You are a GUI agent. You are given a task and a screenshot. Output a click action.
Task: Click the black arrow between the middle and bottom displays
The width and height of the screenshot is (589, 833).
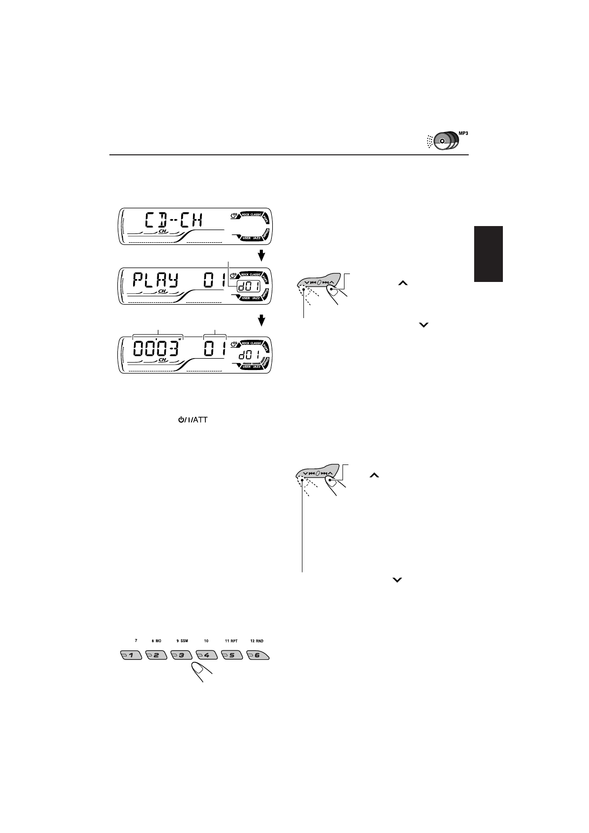click(x=262, y=321)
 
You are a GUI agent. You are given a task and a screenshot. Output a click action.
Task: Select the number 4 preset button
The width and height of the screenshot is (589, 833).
click(x=206, y=655)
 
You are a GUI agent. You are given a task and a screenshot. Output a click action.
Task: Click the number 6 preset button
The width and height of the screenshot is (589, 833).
click(x=258, y=655)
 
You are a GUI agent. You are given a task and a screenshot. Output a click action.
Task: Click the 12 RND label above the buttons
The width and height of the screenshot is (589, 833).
click(x=257, y=641)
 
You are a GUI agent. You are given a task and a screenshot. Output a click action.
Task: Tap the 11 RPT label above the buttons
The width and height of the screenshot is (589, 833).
click(x=231, y=641)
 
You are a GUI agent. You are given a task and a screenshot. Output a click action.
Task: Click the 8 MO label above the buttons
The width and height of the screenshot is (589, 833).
click(x=156, y=641)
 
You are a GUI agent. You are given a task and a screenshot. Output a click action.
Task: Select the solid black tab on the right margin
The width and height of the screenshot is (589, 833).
click(x=488, y=254)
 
